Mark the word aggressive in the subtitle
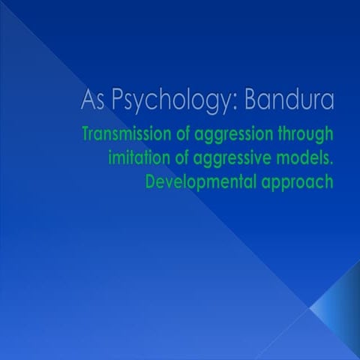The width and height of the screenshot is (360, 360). point(235,160)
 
